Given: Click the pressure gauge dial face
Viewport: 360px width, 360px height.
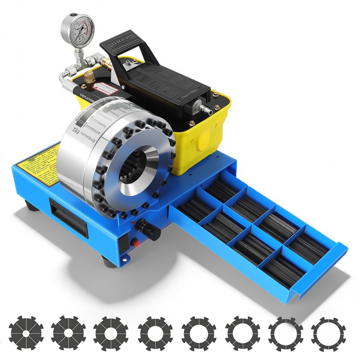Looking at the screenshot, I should click(78, 29).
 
